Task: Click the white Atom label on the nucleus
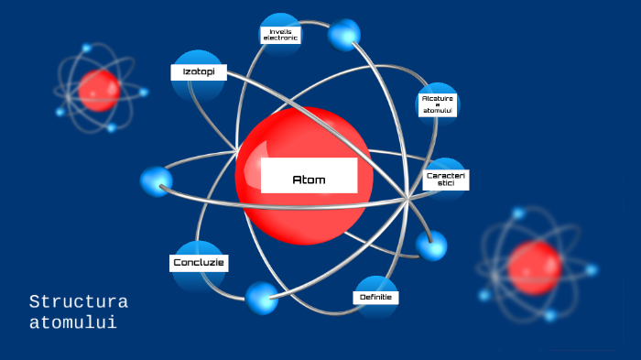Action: click(x=309, y=177)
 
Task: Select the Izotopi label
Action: click(x=198, y=71)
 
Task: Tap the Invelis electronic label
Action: click(x=280, y=35)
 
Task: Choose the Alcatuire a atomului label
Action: click(x=438, y=104)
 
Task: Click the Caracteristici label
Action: click(x=446, y=179)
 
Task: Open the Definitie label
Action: click(x=375, y=298)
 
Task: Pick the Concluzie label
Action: click(x=199, y=264)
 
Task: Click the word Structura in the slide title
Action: click(x=78, y=301)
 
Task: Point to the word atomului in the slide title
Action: click(x=72, y=322)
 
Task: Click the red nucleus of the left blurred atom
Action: click(x=99, y=90)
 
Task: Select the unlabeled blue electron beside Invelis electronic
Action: click(x=344, y=35)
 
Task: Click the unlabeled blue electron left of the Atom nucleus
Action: click(x=156, y=180)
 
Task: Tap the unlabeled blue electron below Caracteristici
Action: click(x=430, y=245)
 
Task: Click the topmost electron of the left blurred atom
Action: click(x=87, y=49)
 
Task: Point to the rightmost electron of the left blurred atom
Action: click(x=144, y=92)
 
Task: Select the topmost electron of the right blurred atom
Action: click(x=518, y=213)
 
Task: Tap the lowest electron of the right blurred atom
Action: click(x=550, y=316)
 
